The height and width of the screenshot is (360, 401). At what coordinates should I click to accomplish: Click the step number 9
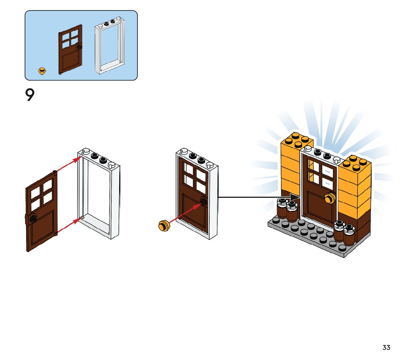click(30, 95)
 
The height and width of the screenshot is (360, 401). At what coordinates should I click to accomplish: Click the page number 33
click(386, 348)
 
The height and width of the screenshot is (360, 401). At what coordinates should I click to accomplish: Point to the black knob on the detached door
click(33, 218)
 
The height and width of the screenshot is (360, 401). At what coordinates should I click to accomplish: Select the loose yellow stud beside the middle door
click(164, 225)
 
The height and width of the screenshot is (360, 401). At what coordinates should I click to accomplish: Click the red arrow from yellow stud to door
click(185, 214)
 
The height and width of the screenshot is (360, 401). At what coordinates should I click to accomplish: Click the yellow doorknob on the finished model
click(330, 198)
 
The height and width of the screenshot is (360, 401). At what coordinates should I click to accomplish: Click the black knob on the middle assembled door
click(203, 202)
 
